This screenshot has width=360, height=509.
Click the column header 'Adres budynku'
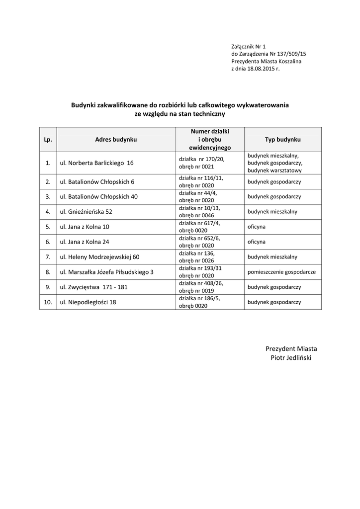tap(116, 140)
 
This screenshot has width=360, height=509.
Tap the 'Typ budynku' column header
tap(279, 140)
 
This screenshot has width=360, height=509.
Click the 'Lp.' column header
tap(48, 140)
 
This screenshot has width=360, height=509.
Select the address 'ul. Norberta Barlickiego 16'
tap(97, 163)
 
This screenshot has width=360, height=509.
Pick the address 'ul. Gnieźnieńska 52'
tap(86, 211)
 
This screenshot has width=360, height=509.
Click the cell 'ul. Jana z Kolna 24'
tap(85, 242)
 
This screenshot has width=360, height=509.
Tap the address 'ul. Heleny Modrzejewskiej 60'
tap(100, 257)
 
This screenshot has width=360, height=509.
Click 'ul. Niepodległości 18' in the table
tap(88, 302)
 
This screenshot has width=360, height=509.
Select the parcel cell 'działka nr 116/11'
tap(201, 178)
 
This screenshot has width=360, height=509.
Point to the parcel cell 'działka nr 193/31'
tap(200, 268)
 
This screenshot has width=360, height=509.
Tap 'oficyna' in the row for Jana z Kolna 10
tap(257, 227)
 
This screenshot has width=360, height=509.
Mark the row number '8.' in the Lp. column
tap(48, 272)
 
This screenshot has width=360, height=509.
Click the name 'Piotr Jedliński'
tap(291, 358)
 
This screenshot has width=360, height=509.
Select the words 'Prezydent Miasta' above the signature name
tap(291, 348)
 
